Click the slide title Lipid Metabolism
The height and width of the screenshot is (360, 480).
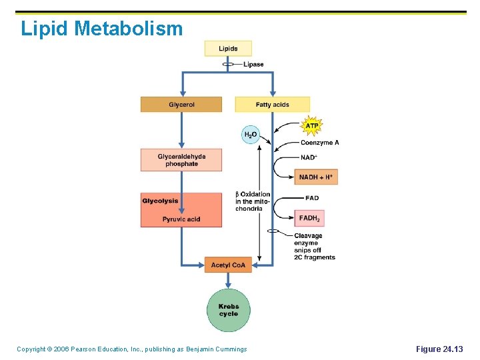[101, 29]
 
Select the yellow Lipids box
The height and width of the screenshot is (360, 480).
[228, 48]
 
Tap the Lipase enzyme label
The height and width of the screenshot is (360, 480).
[253, 65]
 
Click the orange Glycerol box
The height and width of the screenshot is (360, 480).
[181, 105]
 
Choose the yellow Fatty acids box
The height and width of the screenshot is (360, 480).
[272, 105]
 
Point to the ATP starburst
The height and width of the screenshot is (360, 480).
[311, 125]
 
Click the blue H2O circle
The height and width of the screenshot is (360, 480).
[250, 135]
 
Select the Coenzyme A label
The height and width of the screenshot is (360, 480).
[319, 143]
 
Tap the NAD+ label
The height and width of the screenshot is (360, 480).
[309, 158]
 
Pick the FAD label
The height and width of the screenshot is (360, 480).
[311, 198]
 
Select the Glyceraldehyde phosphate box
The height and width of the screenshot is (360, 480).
[181, 160]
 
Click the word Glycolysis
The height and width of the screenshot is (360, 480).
[160, 201]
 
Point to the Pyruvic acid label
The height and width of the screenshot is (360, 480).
[181, 219]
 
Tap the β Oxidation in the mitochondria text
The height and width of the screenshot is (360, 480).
[252, 201]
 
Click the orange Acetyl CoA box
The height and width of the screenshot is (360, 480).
[228, 265]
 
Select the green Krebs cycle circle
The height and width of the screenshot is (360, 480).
[228, 310]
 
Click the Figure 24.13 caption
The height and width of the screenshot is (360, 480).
[439, 349]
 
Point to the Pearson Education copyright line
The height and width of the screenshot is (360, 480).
[131, 349]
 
